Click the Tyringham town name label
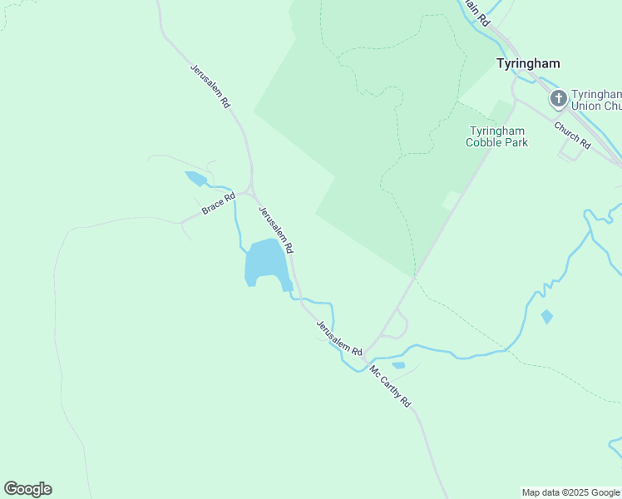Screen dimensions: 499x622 click(x=527, y=63)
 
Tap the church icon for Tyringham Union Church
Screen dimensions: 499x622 click(x=558, y=100)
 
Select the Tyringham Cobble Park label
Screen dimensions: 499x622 click(x=498, y=136)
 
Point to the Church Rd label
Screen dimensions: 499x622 click(x=571, y=136)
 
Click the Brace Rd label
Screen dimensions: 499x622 click(x=219, y=204)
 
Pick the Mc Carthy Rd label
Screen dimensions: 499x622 click(x=390, y=386)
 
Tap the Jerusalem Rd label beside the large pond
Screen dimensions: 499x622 click(x=275, y=230)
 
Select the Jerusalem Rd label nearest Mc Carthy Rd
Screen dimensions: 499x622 click(x=339, y=338)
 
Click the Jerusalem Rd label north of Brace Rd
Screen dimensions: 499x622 click(x=210, y=87)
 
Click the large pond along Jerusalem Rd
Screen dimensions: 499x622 click(x=264, y=263)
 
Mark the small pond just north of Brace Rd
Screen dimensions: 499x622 click(x=195, y=178)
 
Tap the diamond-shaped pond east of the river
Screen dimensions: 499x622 click(x=546, y=317)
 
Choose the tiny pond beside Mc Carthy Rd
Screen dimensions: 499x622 click(x=398, y=365)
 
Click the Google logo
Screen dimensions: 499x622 click(x=27, y=489)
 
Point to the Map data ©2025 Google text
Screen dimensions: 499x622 click(x=571, y=492)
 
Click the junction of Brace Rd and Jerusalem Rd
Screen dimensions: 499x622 click(x=249, y=191)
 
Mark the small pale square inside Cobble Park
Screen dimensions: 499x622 click(x=451, y=200)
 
